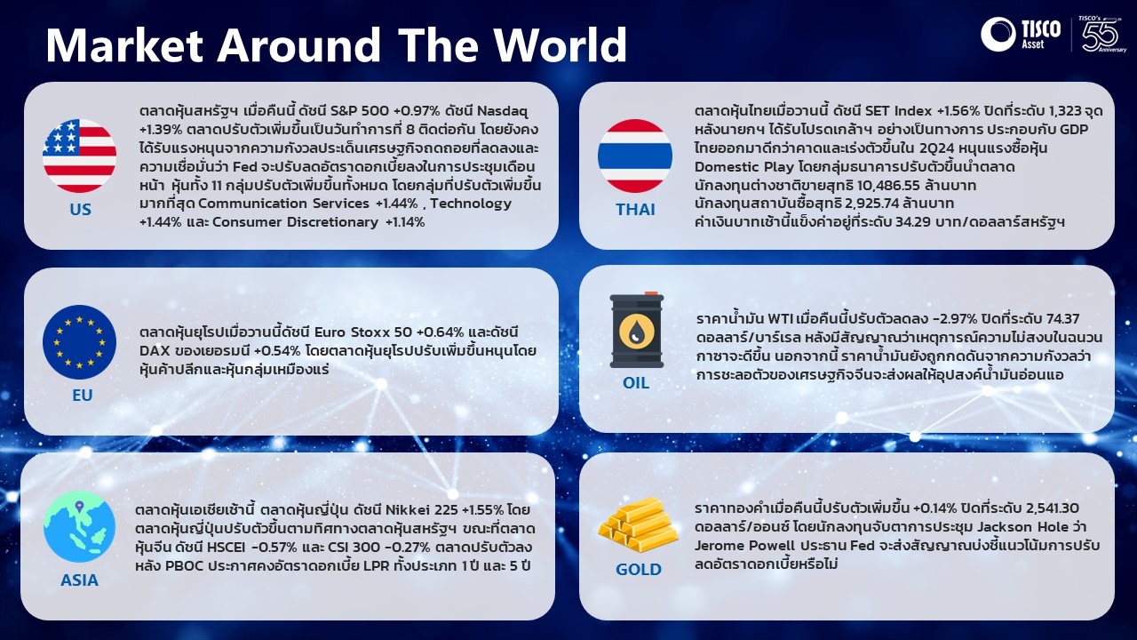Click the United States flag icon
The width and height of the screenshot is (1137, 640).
79,156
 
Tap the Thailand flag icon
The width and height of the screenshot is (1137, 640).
635,156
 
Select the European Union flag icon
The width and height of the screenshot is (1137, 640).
79,342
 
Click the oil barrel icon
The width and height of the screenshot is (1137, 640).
637,330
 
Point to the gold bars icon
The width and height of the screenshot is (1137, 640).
638,524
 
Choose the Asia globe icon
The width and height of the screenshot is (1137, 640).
79,526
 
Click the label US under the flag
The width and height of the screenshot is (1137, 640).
80,209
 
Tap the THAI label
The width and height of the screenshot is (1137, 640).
635,209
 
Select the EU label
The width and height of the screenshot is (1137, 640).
83,396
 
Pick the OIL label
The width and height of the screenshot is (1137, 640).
636,383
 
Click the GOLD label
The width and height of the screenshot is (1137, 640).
639,570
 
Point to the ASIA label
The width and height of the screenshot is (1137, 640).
79,580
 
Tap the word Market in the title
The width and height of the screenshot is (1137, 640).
125,44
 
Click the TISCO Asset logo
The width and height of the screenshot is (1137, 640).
1021,34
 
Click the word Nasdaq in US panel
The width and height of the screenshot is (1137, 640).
503,111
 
